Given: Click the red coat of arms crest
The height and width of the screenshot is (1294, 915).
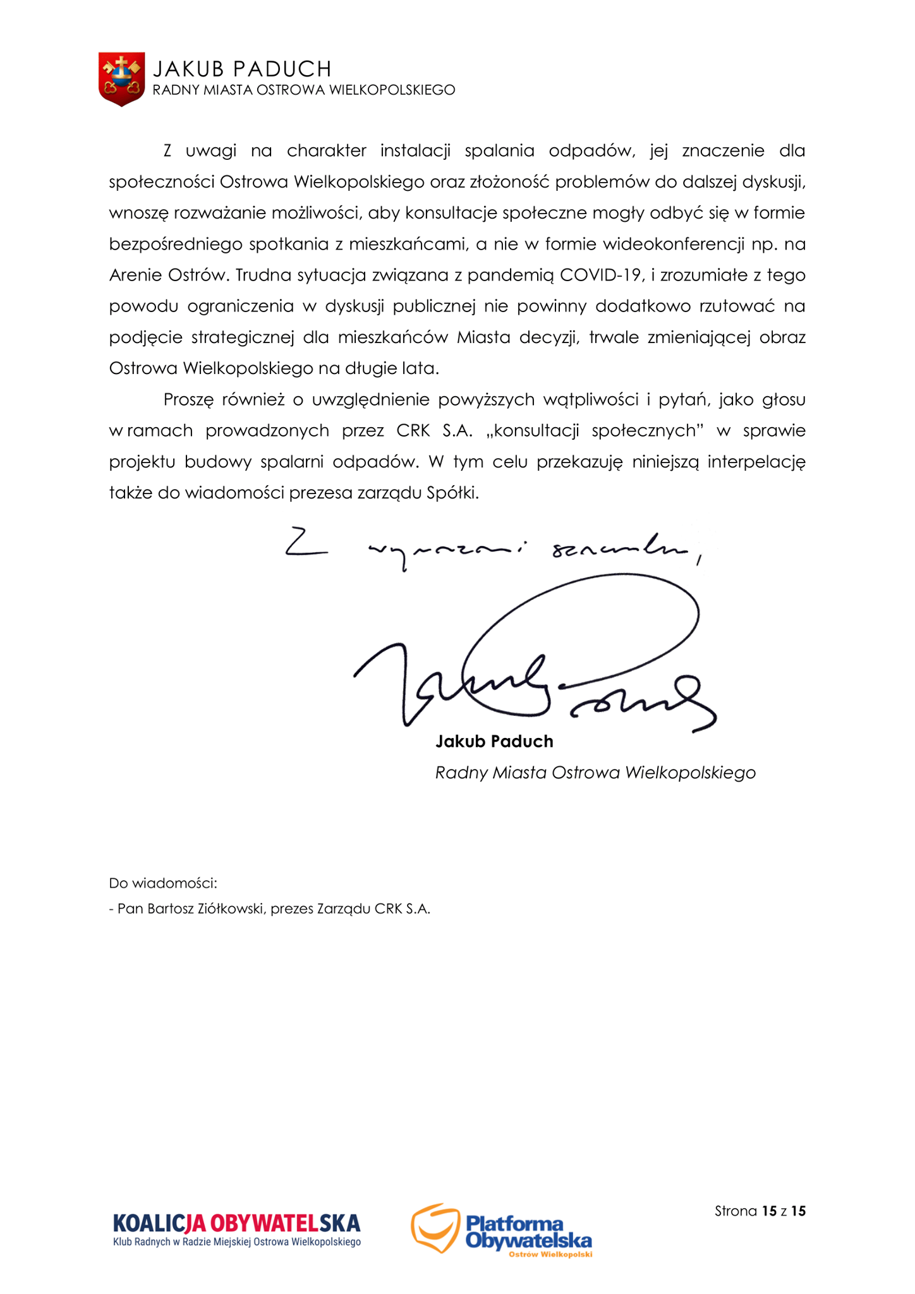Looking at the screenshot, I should pyautogui.click(x=121, y=78).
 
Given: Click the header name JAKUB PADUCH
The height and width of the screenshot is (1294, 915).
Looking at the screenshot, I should pyautogui.click(x=242, y=68).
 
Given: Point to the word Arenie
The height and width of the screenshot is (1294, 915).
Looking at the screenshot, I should pyautogui.click(x=135, y=275).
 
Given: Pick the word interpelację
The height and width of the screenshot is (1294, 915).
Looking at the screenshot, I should pyautogui.click(x=756, y=462).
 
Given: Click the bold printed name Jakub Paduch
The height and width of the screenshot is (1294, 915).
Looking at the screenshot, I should pyautogui.click(x=494, y=741).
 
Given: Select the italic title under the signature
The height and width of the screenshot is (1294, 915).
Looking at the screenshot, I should pyautogui.click(x=595, y=773).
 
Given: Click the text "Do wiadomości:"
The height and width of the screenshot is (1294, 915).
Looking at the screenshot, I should pyautogui.click(x=163, y=883).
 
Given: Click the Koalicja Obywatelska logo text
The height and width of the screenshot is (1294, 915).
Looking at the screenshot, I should pyautogui.click(x=236, y=1223).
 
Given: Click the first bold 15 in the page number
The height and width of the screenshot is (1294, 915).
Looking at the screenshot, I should pyautogui.click(x=769, y=1211).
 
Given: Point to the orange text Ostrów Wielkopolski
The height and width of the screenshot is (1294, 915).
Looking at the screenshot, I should pyautogui.click(x=550, y=1254).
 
